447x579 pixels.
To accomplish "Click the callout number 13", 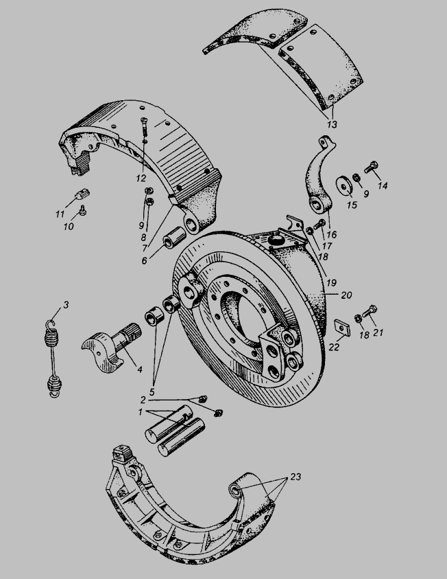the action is [332, 124].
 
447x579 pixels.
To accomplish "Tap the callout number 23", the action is [295, 477].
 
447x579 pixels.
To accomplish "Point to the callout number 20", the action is [346, 295].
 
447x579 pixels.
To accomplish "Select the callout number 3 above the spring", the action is [66, 305].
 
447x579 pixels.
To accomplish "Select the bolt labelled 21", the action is [370, 311].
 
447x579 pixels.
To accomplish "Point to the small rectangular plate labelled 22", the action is [342, 328].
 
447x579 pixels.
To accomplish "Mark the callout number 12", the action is [141, 178].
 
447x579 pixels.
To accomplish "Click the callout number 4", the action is [140, 370].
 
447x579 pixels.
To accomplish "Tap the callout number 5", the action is [152, 391].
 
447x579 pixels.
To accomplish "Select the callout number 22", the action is [334, 348].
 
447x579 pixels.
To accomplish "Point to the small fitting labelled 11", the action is [83, 193].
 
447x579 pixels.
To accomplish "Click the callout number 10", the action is [69, 226].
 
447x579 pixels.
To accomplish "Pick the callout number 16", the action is [331, 234].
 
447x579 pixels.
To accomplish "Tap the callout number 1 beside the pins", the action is [140, 412].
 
